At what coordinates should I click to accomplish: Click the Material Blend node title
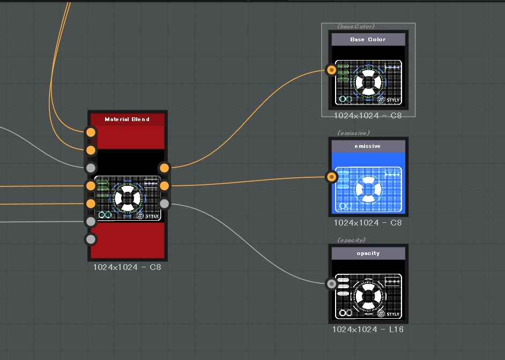click(127, 119)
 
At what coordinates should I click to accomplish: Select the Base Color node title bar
click(368, 40)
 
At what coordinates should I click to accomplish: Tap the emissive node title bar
click(368, 146)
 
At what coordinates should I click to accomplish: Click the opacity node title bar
click(368, 253)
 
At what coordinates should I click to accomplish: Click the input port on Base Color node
click(331, 70)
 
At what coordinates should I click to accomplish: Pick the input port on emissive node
click(331, 177)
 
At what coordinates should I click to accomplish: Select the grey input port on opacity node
click(331, 284)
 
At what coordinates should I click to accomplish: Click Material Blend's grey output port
click(164, 204)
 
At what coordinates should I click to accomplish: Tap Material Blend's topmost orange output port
click(164, 168)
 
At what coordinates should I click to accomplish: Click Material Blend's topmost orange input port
click(91, 132)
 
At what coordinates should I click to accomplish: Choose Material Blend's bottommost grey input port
click(91, 239)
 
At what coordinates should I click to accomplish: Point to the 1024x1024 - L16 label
click(368, 329)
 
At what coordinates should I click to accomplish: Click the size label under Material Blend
click(127, 267)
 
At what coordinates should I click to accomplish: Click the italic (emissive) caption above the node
click(353, 133)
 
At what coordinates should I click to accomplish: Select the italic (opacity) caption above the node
click(351, 241)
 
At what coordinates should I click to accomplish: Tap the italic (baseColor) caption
click(356, 26)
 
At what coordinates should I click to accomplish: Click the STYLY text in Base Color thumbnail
click(393, 100)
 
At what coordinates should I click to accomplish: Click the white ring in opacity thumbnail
click(368, 286)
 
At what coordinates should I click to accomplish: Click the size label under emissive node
click(368, 223)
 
